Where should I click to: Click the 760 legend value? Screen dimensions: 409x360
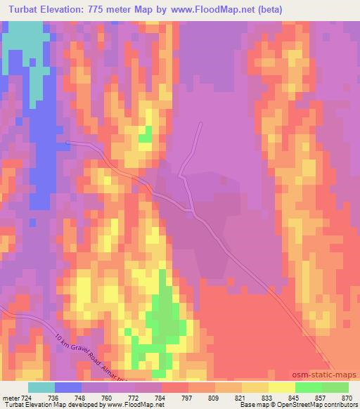(108, 398)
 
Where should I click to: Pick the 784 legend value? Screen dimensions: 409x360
(161, 398)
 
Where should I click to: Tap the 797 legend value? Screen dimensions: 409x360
(188, 398)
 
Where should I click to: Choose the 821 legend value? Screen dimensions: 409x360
(241, 398)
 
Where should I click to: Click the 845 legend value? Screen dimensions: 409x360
(295, 398)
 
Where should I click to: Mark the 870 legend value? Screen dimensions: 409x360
(347, 398)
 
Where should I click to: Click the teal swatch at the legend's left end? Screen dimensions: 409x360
(41, 387)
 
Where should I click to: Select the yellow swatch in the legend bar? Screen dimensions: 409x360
(281, 387)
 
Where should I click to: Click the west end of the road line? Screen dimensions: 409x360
(67, 141)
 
